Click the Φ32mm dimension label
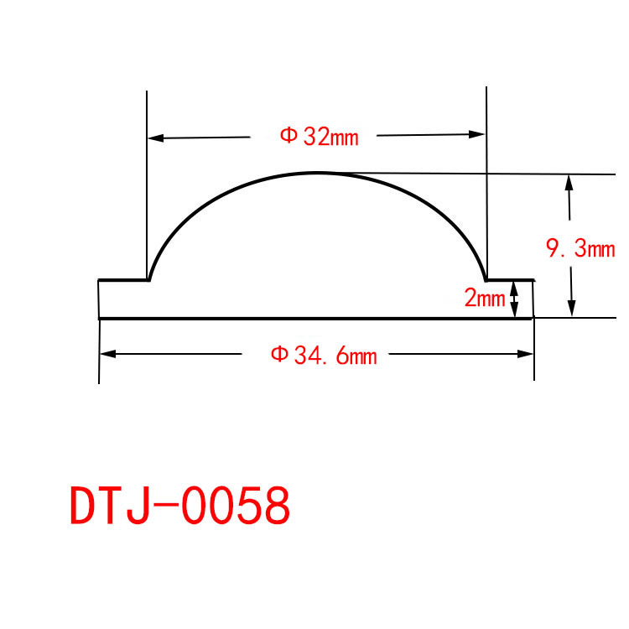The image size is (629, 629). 319,137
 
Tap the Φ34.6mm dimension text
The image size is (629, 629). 324,356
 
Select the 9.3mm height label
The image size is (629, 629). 580,248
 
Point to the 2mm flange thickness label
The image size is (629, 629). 484,298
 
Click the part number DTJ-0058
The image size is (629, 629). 179,505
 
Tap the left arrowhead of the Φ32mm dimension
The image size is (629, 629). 156,138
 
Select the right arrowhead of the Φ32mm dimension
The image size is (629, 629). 476,134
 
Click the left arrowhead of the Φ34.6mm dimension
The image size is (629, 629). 107,354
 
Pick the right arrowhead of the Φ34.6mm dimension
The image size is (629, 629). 525,354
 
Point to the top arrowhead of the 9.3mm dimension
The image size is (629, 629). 569,183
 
